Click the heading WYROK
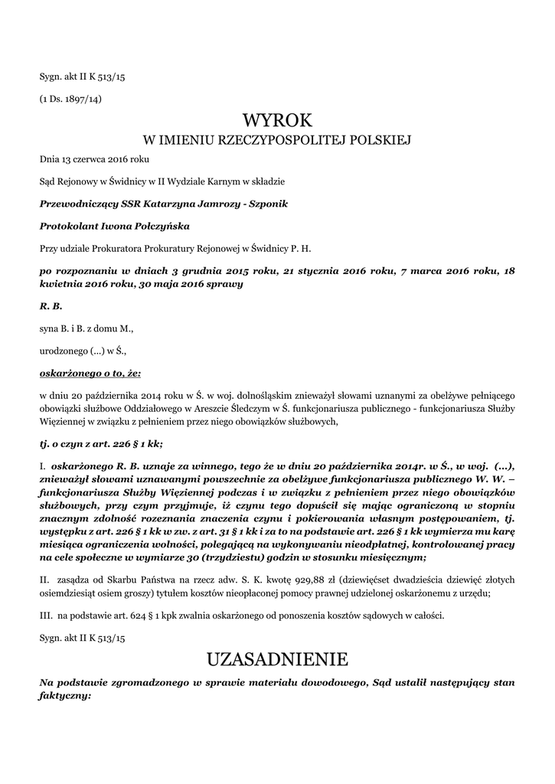278,120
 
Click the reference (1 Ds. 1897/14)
70,99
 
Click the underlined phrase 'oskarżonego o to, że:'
90,373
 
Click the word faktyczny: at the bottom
65,697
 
